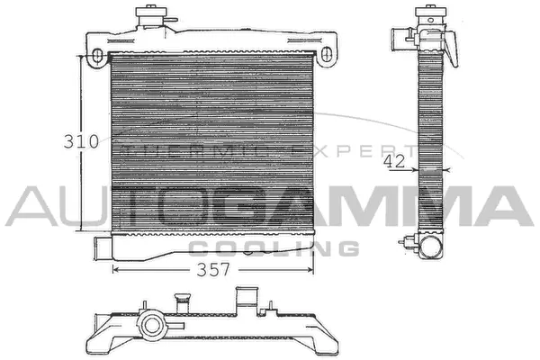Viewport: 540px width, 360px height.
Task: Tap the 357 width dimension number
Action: pos(213,269)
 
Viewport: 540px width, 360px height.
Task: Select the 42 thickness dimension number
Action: pos(392,161)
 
